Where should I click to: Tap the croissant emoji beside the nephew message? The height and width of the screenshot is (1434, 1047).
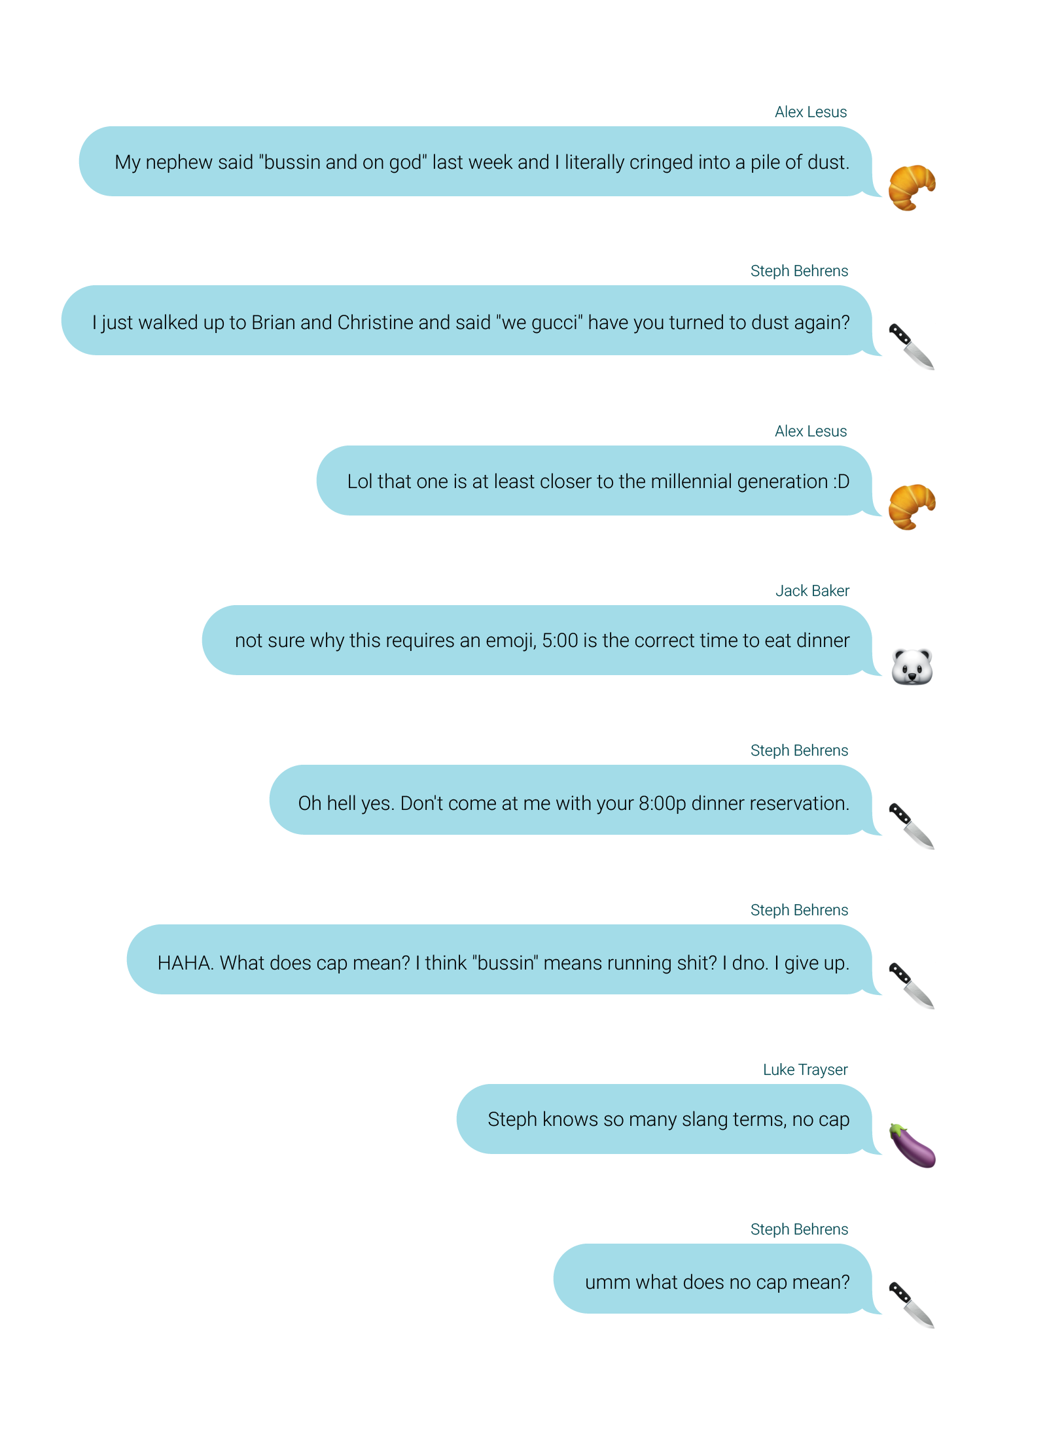911,188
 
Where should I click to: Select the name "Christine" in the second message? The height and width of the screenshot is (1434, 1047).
375,323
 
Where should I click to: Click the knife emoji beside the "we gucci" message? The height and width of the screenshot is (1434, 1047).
910,346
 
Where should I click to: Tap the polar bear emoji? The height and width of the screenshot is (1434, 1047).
911,667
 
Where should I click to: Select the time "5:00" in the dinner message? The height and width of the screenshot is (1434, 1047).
559,641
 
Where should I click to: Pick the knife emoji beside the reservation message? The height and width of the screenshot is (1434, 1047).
910,826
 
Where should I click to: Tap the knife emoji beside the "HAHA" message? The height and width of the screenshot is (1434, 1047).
910,985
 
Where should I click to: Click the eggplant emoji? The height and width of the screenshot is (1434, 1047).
913,1146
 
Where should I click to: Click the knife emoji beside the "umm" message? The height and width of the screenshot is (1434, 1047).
910,1305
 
